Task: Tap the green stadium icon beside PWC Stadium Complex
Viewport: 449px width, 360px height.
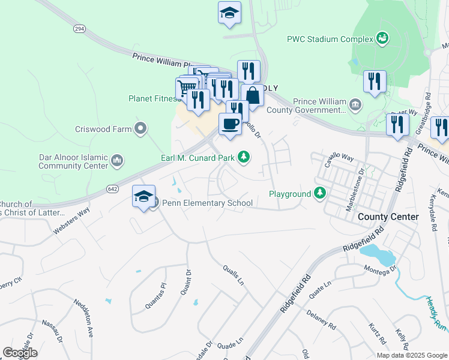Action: click(x=382, y=39)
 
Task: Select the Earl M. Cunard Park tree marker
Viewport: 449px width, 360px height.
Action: click(x=243, y=157)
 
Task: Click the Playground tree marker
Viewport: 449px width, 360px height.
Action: click(x=321, y=193)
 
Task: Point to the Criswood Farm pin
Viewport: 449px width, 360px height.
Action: click(x=140, y=128)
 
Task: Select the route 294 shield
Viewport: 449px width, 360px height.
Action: click(x=79, y=29)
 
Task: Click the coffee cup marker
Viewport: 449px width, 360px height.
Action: click(x=230, y=124)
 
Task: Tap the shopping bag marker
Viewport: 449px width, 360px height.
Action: click(x=253, y=95)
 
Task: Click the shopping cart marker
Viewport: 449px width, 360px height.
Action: click(x=187, y=89)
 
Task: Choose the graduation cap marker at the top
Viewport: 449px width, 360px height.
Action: click(x=229, y=13)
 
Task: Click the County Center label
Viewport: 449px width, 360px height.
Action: click(x=388, y=216)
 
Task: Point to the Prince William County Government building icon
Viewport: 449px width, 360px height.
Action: click(x=355, y=106)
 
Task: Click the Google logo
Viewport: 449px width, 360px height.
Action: click(x=20, y=353)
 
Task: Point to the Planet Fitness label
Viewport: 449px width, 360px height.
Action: click(x=154, y=99)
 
